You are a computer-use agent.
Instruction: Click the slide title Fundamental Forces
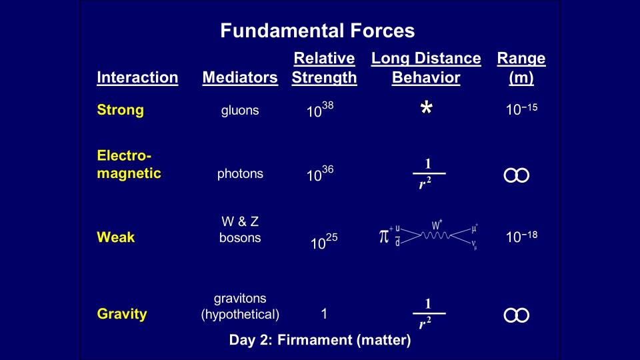pyautogui.click(x=317, y=31)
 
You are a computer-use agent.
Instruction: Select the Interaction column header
pyautogui.click(x=137, y=77)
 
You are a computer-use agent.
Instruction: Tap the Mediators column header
pyautogui.click(x=240, y=77)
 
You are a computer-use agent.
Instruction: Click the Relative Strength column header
pyautogui.click(x=325, y=68)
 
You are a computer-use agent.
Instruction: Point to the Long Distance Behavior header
pyautogui.click(x=426, y=68)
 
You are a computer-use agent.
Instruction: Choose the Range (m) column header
pyautogui.click(x=521, y=68)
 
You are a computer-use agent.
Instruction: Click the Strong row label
pyautogui.click(x=121, y=110)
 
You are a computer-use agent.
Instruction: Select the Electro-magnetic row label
pyautogui.click(x=129, y=164)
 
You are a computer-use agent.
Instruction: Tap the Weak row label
pyautogui.click(x=116, y=237)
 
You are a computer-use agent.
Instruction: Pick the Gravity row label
pyautogui.click(x=122, y=314)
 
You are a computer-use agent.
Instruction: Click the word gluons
pyautogui.click(x=240, y=111)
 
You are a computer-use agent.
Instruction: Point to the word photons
pyautogui.click(x=240, y=174)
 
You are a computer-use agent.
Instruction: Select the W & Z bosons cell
pyautogui.click(x=240, y=229)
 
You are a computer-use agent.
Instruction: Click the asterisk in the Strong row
pyautogui.click(x=427, y=108)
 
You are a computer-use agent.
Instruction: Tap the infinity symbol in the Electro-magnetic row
pyautogui.click(x=516, y=175)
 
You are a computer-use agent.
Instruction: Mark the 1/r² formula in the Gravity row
pyautogui.click(x=429, y=313)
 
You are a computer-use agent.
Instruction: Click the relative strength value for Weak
pyautogui.click(x=324, y=241)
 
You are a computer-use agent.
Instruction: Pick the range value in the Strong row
pyautogui.click(x=521, y=109)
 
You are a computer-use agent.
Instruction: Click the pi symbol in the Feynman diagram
pyautogui.click(x=384, y=236)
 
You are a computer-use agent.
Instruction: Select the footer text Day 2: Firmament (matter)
pyautogui.click(x=320, y=340)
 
